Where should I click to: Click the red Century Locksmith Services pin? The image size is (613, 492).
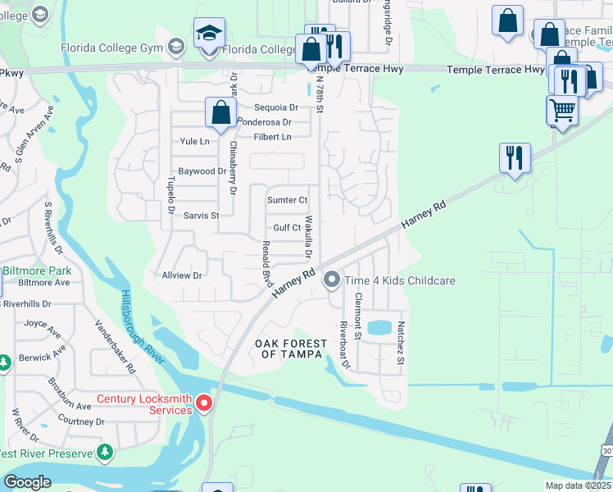pyautogui.click(x=203, y=403)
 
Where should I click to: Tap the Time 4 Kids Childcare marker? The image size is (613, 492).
pyautogui.click(x=332, y=280)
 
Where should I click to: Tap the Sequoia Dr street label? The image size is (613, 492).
pyautogui.click(x=278, y=107)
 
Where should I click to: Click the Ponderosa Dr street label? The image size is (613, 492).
pyautogui.click(x=264, y=122)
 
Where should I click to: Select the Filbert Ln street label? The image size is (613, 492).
pyautogui.click(x=273, y=137)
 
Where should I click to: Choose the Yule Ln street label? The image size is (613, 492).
pyautogui.click(x=194, y=141)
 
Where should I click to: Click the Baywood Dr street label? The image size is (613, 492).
pyautogui.click(x=202, y=171)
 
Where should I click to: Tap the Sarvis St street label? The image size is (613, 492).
pyautogui.click(x=201, y=216)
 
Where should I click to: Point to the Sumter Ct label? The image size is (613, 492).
pyautogui.click(x=287, y=200)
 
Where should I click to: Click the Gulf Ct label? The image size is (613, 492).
pyautogui.click(x=287, y=228)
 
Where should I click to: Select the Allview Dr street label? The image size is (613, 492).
pyautogui.click(x=182, y=276)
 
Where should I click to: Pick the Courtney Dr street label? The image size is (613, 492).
pyautogui.click(x=83, y=421)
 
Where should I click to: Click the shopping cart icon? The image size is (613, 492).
pyautogui.click(x=562, y=110)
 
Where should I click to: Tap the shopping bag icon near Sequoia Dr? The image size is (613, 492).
pyautogui.click(x=221, y=113)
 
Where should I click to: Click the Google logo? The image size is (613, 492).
pyautogui.click(x=27, y=482)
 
